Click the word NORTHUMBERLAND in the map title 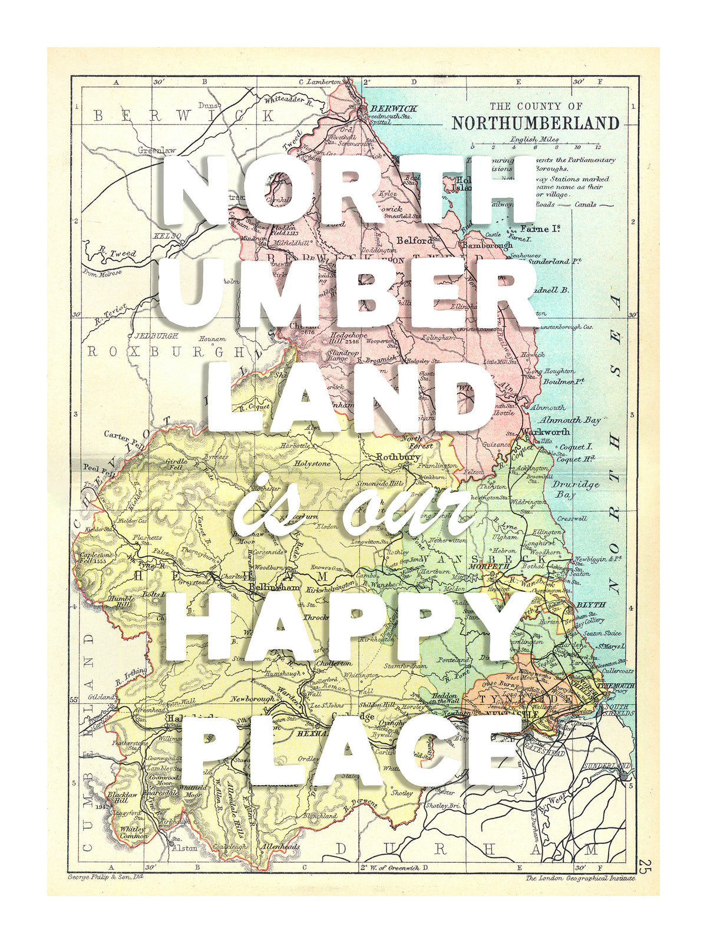pos(535,123)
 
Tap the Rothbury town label pos(398,457)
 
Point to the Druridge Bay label pos(576,489)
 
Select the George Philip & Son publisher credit pos(105,877)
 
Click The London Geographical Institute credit pos(580,878)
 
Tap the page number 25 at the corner pos(644,866)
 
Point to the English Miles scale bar pos(534,145)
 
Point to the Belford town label pos(415,240)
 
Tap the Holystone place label pos(313,464)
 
